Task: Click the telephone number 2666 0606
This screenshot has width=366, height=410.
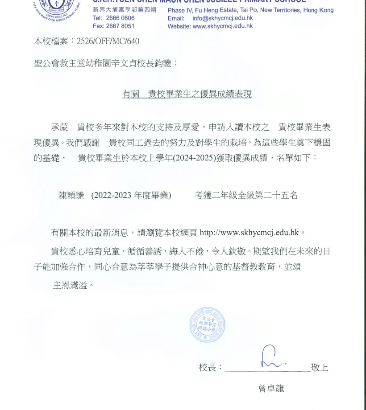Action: [x=120, y=18]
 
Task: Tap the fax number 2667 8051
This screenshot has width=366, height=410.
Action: [x=120, y=26]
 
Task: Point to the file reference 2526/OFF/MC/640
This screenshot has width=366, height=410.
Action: [x=108, y=41]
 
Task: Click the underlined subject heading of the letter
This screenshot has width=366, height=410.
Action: [x=187, y=94]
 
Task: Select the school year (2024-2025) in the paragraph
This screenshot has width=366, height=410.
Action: [x=204, y=158]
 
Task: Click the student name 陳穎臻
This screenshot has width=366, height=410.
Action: [x=71, y=195]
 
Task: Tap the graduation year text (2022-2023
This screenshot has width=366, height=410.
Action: [x=112, y=195]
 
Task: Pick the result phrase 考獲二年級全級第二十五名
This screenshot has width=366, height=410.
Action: [x=245, y=195]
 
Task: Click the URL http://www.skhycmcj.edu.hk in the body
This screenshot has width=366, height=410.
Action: [x=249, y=232]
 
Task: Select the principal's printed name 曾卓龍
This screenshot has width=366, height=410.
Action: [x=271, y=388]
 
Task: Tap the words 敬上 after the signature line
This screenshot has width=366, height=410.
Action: [x=320, y=368]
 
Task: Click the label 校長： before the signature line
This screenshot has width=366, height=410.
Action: [x=210, y=368]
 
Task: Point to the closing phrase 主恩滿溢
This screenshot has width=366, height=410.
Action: [x=70, y=285]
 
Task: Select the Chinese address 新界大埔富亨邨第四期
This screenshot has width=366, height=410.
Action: [x=125, y=10]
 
